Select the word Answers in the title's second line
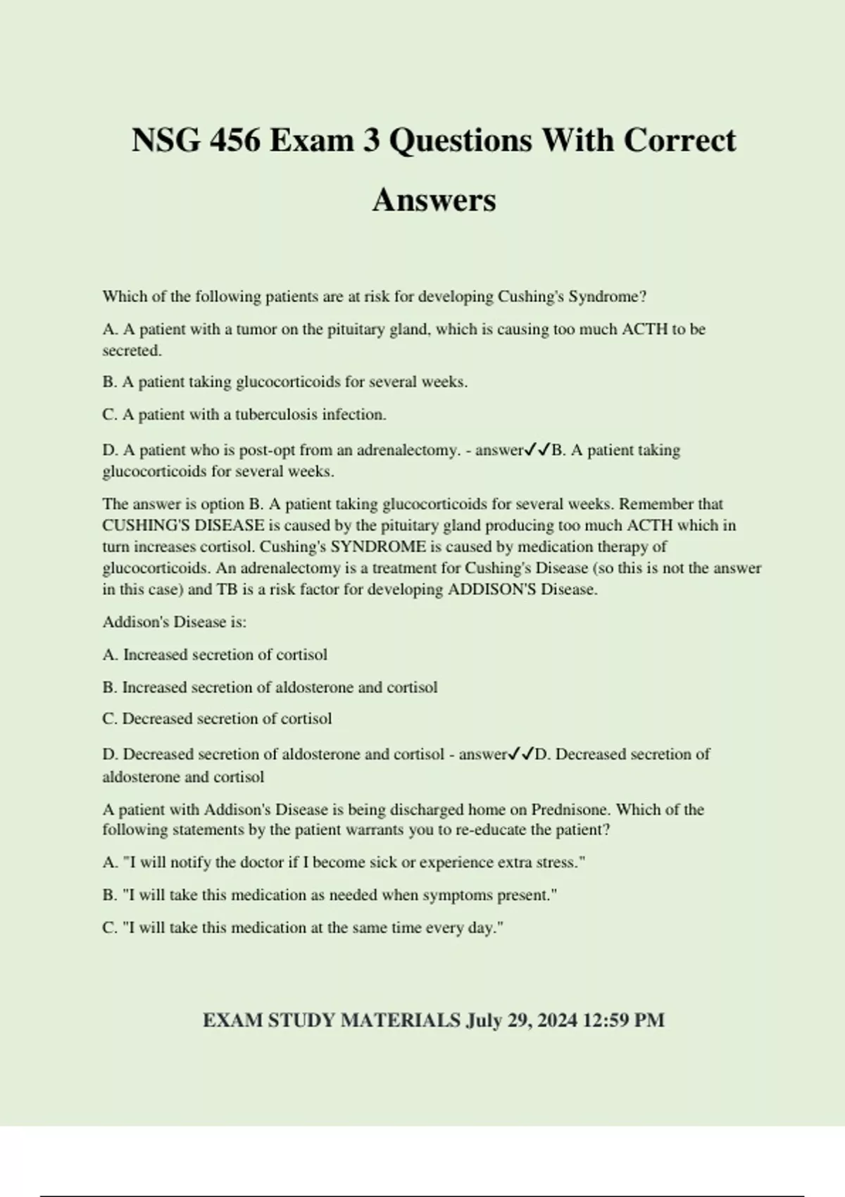point(434,200)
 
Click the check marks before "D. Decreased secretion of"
point(520,754)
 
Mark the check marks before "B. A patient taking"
point(537,450)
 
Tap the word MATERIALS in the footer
point(400,1020)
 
